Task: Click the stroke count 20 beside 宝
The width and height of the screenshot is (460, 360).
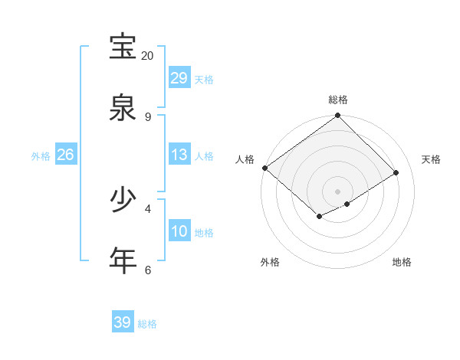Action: click(x=147, y=55)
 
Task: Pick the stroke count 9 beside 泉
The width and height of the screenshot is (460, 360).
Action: click(x=147, y=116)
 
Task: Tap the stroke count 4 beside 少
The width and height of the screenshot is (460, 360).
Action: click(x=147, y=208)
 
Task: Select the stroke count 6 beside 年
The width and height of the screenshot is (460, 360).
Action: click(x=147, y=270)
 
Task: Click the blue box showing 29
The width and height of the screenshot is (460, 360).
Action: click(x=179, y=78)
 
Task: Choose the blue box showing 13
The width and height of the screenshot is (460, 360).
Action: click(x=179, y=155)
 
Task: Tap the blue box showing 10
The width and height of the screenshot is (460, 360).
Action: click(x=179, y=231)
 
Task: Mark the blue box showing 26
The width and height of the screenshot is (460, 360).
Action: click(x=65, y=155)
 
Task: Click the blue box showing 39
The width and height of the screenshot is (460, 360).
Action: click(x=123, y=322)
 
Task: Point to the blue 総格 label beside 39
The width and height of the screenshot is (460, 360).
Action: click(x=147, y=324)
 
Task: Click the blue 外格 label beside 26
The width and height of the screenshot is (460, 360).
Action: click(x=41, y=156)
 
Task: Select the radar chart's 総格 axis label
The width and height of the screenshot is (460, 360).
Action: click(x=338, y=100)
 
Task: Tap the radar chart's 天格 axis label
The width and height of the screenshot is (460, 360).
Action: click(x=431, y=159)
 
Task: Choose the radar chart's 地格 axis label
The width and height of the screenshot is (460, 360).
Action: click(x=402, y=262)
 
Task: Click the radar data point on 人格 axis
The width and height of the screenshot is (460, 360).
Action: click(x=264, y=168)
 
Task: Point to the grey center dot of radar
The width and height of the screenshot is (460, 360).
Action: click(x=337, y=191)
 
